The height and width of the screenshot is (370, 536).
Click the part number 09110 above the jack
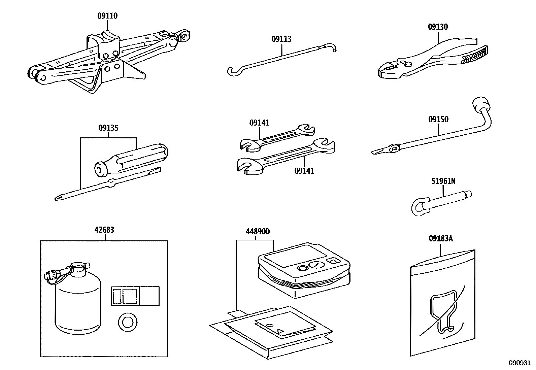(x=107, y=16)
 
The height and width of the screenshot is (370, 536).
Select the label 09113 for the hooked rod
(x=281, y=39)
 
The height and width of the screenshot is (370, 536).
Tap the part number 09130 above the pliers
(x=438, y=27)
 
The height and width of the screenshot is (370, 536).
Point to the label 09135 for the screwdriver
(x=108, y=128)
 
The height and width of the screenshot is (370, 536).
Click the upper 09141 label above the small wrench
(x=259, y=123)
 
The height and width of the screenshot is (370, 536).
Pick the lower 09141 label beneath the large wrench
(x=304, y=171)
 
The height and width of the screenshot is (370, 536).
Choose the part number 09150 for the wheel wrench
(x=438, y=120)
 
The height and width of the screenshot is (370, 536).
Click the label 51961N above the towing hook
(x=443, y=181)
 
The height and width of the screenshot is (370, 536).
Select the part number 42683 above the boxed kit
(x=104, y=230)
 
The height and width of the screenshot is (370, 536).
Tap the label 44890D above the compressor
(x=258, y=232)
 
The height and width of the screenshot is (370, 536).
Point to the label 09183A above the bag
(x=441, y=239)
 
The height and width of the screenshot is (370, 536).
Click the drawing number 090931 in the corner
(x=520, y=363)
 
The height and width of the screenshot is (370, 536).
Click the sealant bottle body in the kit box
(x=78, y=303)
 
